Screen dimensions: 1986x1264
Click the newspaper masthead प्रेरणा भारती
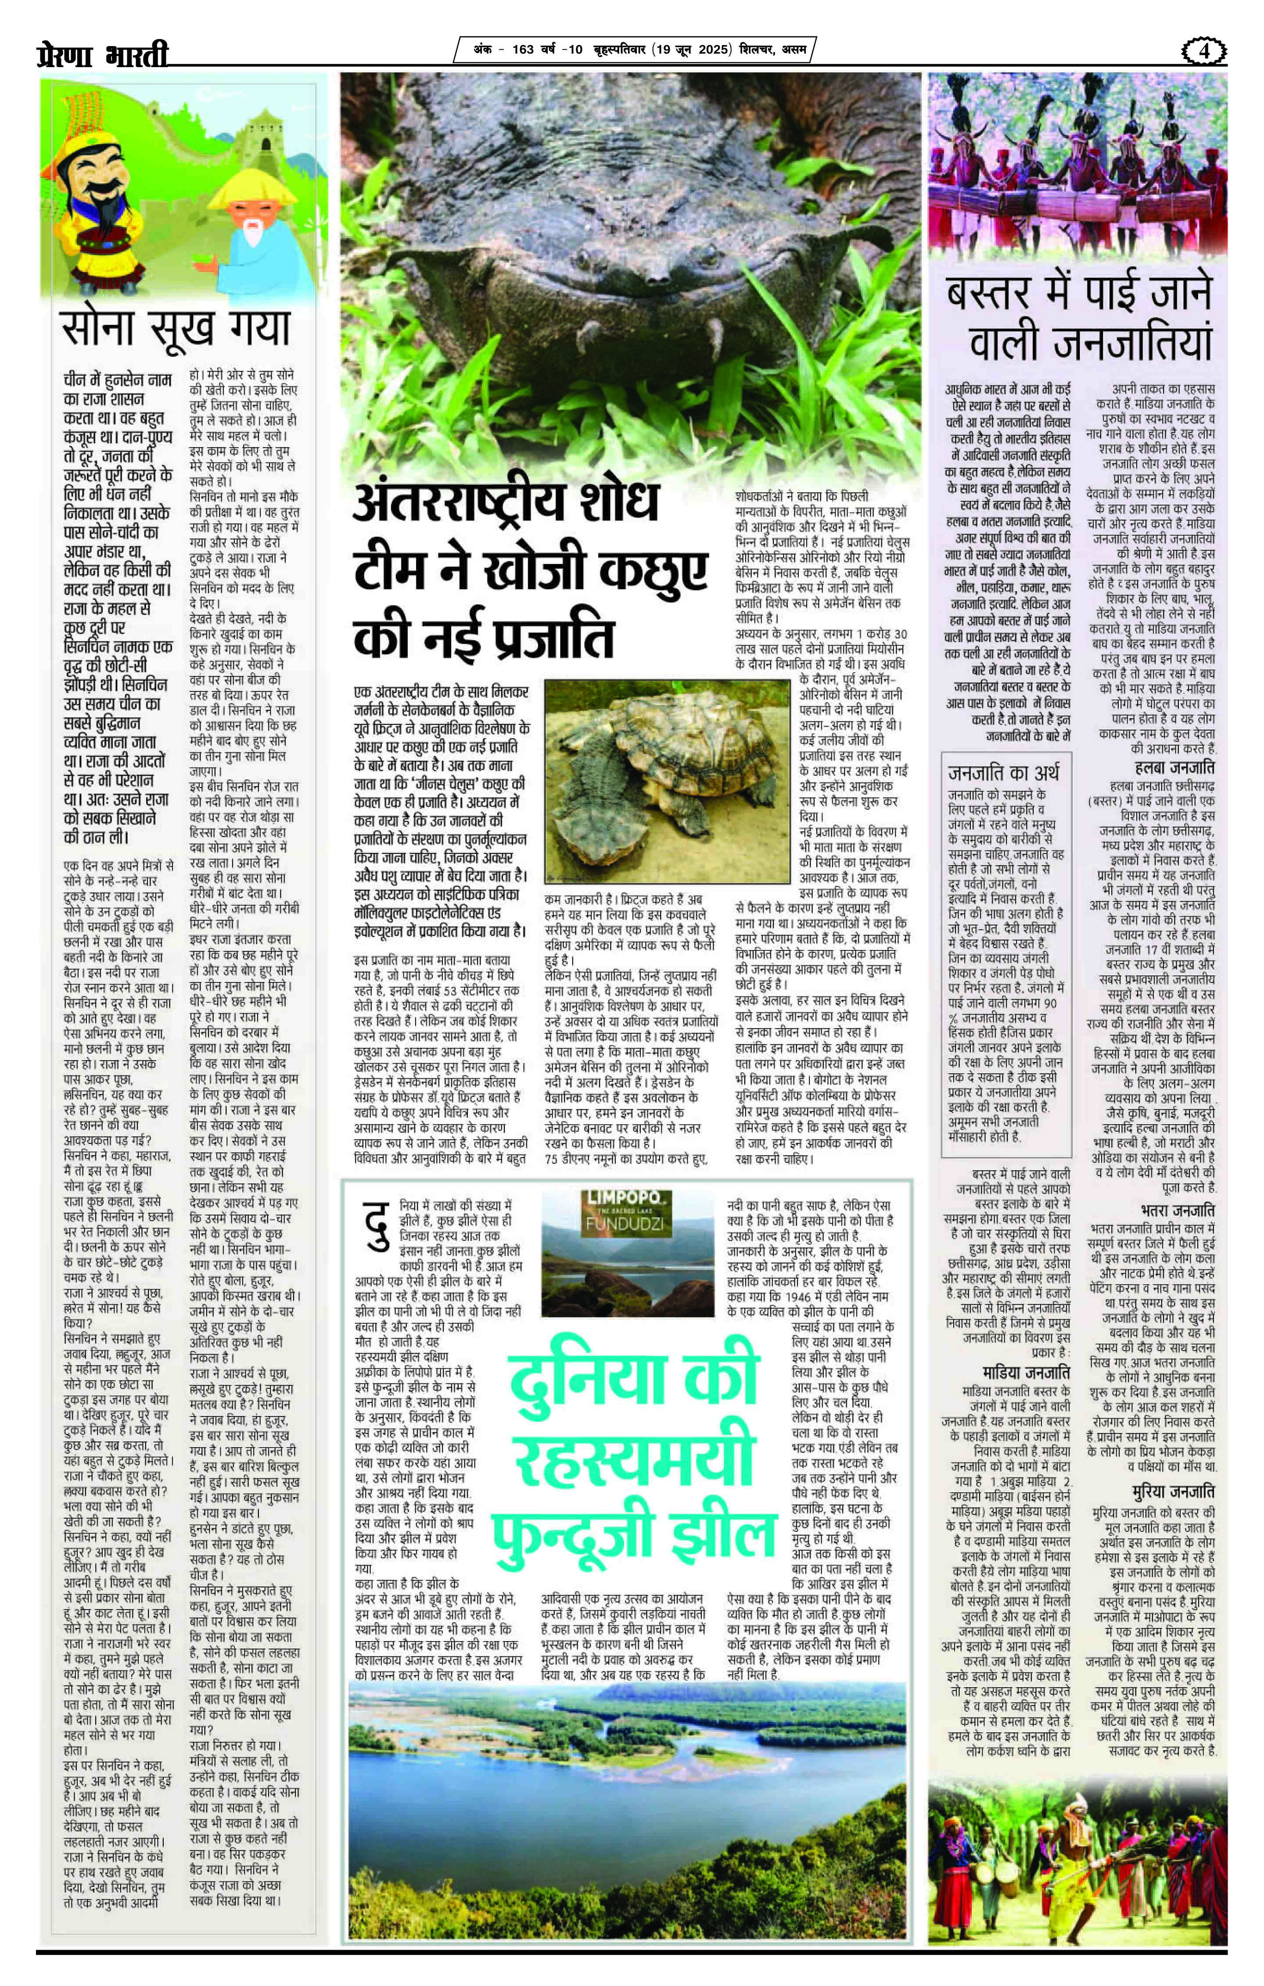(x=103, y=54)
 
